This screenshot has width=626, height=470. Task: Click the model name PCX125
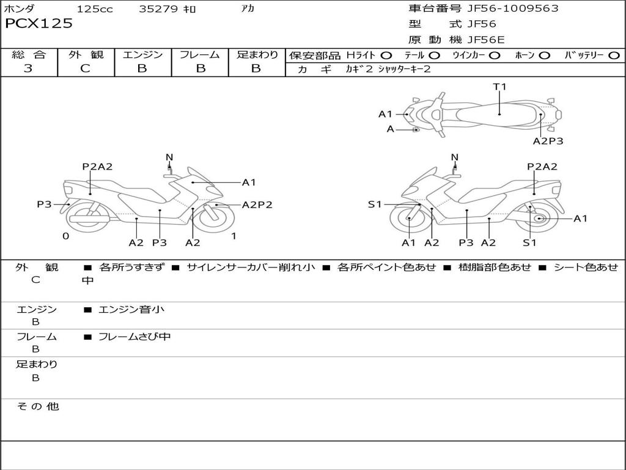point(39,24)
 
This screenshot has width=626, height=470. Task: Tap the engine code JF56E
point(485,40)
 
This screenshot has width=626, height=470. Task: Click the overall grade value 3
point(28,69)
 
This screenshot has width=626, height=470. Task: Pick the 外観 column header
point(86,55)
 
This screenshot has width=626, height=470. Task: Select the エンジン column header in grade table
point(142,55)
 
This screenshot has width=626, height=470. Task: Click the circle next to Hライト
point(386,56)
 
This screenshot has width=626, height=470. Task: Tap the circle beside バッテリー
point(613,56)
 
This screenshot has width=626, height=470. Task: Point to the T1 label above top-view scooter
point(500,87)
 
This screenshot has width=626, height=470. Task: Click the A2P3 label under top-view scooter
point(548,141)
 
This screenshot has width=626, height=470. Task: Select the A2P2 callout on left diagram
point(257,205)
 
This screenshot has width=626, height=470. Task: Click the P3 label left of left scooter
point(44,204)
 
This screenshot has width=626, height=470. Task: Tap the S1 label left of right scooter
point(375,204)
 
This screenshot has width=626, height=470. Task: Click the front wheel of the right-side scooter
point(408,220)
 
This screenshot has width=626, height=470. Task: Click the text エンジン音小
point(131,310)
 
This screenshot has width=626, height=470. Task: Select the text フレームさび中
point(134,337)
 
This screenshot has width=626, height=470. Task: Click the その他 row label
point(37,406)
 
